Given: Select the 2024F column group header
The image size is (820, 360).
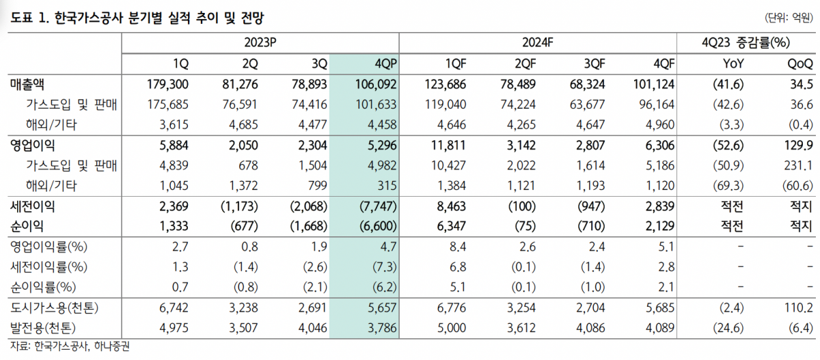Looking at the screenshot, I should (537, 42).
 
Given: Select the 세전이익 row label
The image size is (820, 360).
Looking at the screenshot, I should (33, 207).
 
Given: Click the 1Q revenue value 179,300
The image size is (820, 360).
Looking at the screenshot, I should (167, 84).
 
